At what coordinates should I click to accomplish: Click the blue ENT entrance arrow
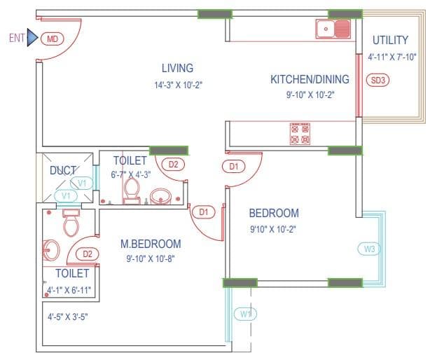point(32,39)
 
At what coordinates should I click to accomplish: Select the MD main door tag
point(52,39)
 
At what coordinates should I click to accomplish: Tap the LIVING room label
point(177,68)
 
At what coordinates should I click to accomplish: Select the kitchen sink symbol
point(333,29)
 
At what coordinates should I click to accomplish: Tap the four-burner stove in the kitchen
point(300,134)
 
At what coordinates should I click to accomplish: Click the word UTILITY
point(390,40)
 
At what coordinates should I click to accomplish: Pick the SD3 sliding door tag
point(377,80)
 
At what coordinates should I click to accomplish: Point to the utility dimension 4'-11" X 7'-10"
point(392,57)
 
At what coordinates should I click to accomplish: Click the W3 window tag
point(370,248)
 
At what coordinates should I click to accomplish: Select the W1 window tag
point(245,314)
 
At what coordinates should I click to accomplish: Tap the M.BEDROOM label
point(151,244)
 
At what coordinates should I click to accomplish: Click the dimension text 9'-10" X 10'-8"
point(151,258)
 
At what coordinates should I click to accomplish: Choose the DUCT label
point(63,170)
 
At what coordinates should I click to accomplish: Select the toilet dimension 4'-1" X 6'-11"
point(69,289)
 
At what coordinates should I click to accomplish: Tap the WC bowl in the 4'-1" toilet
point(71,225)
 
